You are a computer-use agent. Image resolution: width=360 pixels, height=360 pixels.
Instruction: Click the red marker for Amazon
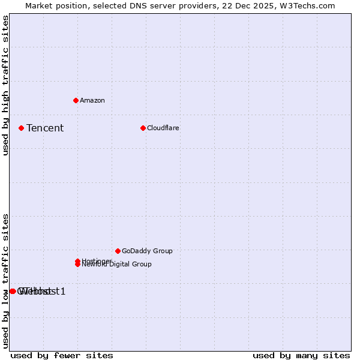(x=76, y=100)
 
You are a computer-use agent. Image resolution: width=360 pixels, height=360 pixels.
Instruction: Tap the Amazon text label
(x=92, y=100)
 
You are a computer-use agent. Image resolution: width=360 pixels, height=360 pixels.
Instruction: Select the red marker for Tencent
(x=21, y=128)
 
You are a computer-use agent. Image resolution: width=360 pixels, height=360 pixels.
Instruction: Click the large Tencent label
(x=45, y=128)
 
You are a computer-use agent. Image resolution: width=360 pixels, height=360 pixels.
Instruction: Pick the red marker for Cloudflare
(x=143, y=128)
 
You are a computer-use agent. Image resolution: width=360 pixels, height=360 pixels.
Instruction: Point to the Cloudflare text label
(x=163, y=128)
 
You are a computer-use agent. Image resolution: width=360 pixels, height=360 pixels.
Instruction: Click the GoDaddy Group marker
(x=118, y=251)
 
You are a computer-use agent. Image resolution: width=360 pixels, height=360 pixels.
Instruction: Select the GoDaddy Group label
(x=147, y=251)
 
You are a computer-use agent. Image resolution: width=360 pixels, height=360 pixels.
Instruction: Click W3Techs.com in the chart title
(x=305, y=5)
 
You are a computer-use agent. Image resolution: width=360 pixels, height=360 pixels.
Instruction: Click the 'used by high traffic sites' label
(x=5, y=85)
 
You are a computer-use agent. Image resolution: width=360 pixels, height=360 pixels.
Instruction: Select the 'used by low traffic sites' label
(x=5, y=280)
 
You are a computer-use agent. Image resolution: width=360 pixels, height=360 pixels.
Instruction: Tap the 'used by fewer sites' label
(x=62, y=355)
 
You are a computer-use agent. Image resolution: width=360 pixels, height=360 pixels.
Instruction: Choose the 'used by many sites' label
(x=301, y=355)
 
